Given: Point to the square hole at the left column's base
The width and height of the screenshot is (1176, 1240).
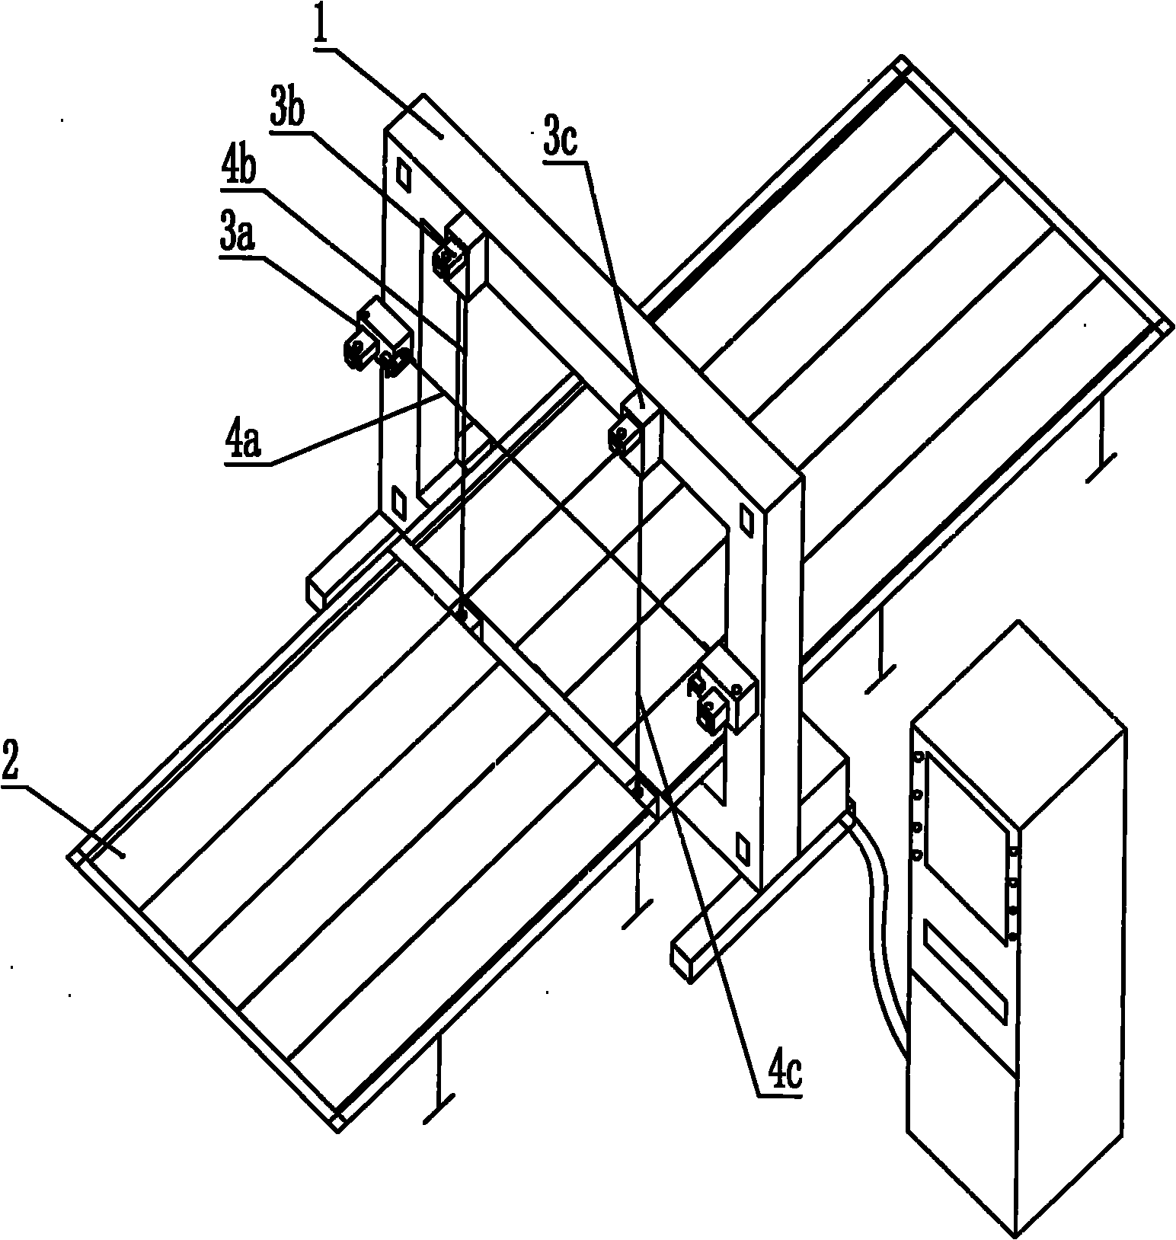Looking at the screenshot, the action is click(x=398, y=500).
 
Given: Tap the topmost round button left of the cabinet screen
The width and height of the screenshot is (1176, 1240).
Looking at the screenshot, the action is click(x=918, y=759).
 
